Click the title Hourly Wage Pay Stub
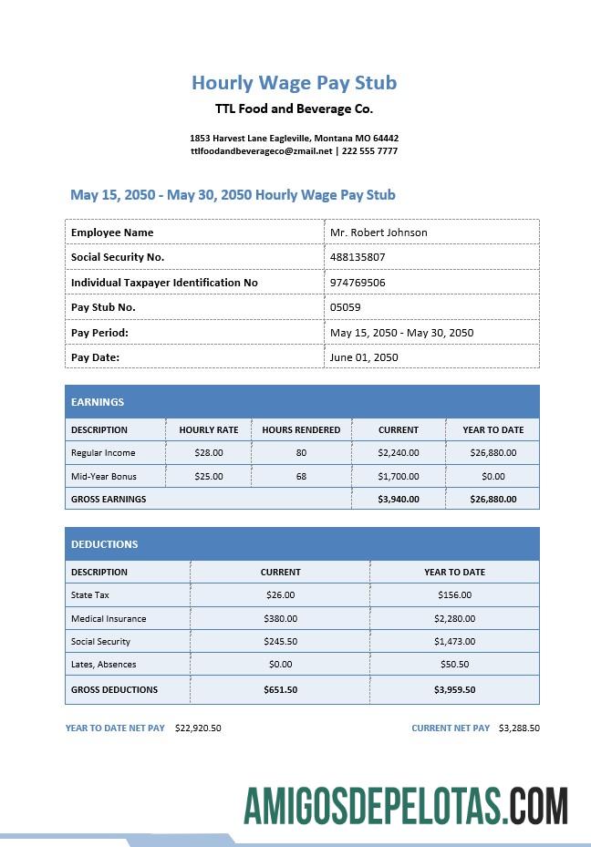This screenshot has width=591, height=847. pyautogui.click(x=294, y=83)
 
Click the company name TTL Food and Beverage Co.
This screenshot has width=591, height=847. pyautogui.click(x=294, y=109)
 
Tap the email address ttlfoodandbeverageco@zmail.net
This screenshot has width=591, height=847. pyautogui.click(x=261, y=151)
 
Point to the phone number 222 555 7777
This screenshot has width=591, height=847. pyautogui.click(x=369, y=151)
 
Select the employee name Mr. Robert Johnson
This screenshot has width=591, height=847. pyautogui.click(x=378, y=232)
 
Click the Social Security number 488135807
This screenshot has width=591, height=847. pyautogui.click(x=358, y=257)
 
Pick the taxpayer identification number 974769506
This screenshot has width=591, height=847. pyautogui.click(x=358, y=283)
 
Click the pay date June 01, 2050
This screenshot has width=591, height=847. pyautogui.click(x=364, y=357)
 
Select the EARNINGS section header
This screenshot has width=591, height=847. pyautogui.click(x=98, y=402)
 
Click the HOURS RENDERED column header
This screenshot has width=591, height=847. pyautogui.click(x=301, y=429)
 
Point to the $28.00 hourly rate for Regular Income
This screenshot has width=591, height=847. pyautogui.click(x=209, y=452)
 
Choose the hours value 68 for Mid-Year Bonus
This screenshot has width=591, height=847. pyautogui.click(x=301, y=476)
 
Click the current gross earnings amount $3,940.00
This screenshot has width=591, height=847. pyautogui.click(x=399, y=499)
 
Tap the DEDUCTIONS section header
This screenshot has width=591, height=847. pyautogui.click(x=105, y=544)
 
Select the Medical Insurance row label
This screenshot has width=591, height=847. pyautogui.click(x=109, y=618)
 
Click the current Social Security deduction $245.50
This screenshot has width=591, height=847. pyautogui.click(x=280, y=641)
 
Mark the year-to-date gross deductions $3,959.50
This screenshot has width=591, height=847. pyautogui.click(x=454, y=689)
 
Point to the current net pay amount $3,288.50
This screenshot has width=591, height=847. pyautogui.click(x=519, y=728)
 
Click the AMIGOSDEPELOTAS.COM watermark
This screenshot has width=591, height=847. pyautogui.click(x=406, y=806)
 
